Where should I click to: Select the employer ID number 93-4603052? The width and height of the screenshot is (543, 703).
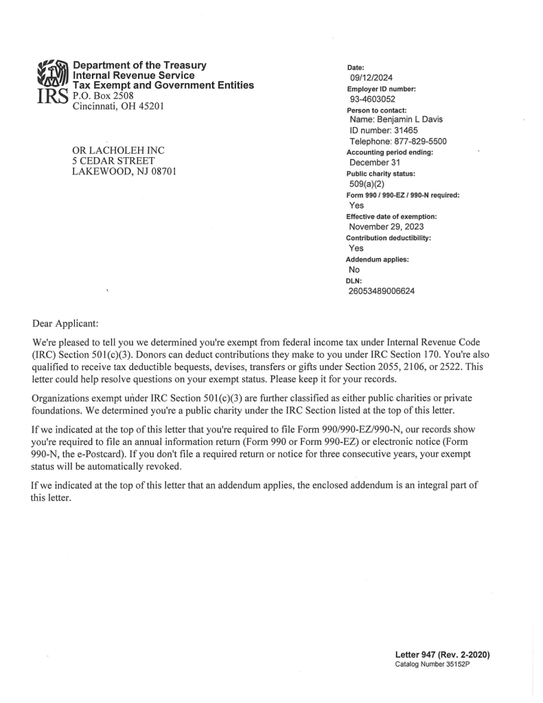click(x=371, y=99)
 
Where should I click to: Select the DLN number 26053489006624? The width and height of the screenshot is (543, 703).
click(x=382, y=290)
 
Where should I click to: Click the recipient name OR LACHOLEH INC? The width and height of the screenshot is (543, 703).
click(x=119, y=150)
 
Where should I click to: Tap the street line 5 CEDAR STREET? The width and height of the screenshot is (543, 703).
click(x=114, y=161)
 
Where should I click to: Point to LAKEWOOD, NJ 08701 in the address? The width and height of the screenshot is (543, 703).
click(x=124, y=171)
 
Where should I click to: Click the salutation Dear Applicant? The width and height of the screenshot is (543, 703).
click(x=68, y=321)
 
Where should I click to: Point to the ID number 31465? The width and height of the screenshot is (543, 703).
click(x=389, y=130)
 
